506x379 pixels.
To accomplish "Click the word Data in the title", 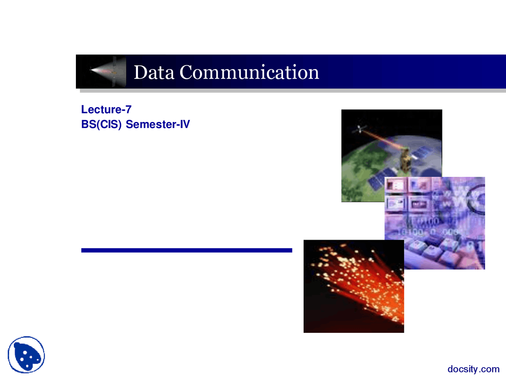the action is pos(154,72).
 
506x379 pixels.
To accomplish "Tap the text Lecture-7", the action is pos(106,109).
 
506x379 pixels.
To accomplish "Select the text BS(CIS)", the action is pos(101,124).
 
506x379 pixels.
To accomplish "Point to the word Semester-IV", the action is pos(158,124).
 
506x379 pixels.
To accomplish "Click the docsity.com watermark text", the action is pos(474,369).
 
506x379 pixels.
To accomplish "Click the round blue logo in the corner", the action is pos(26,355).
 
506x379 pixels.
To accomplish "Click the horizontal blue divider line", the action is pos(187,250).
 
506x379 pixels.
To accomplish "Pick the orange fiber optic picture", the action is pos(354,286).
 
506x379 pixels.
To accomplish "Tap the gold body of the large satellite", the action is pos(405,161).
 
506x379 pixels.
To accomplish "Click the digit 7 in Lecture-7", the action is pos(128,109).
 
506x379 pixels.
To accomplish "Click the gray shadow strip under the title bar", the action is pos(293,91).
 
